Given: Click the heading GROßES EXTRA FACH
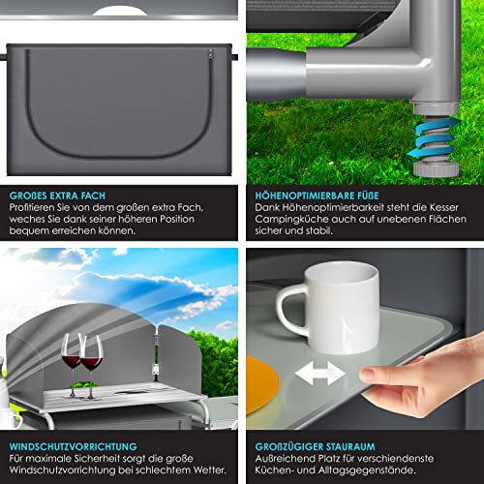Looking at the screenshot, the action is pyautogui.click(x=57, y=196).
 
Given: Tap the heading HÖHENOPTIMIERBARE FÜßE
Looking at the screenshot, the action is pyautogui.click(x=317, y=196).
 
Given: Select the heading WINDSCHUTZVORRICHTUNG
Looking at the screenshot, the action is pyautogui.click(x=74, y=446).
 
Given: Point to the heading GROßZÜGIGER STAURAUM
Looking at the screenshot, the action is pyautogui.click(x=315, y=446).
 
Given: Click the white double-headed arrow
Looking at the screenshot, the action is pyautogui.click(x=319, y=374).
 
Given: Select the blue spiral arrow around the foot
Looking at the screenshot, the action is pyautogui.click(x=434, y=138).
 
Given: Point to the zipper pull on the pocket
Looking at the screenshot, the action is pyautogui.click(x=211, y=54).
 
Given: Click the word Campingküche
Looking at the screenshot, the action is pyautogui.click(x=290, y=220).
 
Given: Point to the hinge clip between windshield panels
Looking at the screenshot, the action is pyautogui.click(x=155, y=369).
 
